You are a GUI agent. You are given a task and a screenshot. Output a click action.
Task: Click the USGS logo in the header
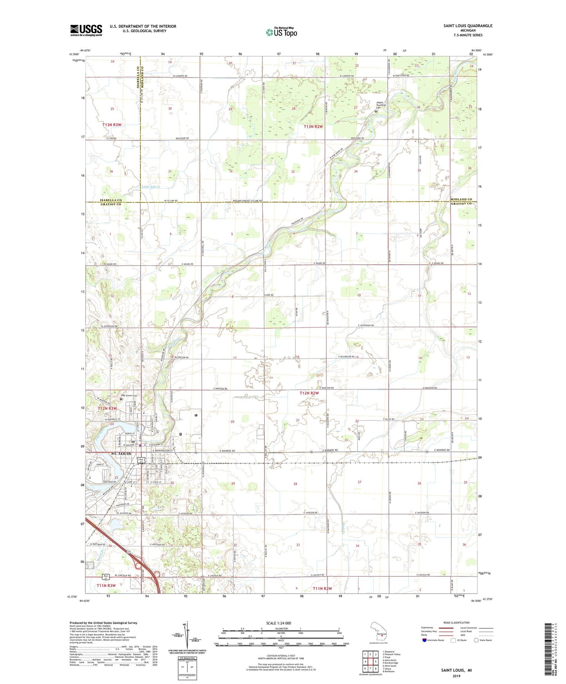[x=86, y=30]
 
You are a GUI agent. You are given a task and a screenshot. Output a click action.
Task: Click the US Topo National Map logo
[x=281, y=32]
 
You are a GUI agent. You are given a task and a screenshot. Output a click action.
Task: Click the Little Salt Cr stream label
[x=151, y=187]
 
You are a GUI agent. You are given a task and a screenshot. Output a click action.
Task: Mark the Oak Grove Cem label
[x=128, y=395]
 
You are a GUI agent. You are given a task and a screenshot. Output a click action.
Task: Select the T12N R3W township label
[x=107, y=409]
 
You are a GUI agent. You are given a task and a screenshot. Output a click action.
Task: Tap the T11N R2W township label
[x=322, y=588]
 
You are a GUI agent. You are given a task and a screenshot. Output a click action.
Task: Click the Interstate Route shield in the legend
[x=425, y=640]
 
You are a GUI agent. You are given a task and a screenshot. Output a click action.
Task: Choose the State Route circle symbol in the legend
[x=476, y=640]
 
